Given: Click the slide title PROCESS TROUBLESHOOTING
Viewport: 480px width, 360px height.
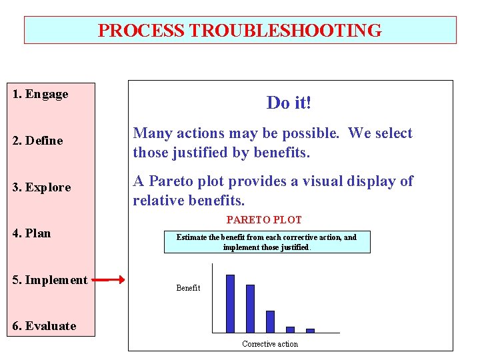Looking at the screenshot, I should coord(240,31).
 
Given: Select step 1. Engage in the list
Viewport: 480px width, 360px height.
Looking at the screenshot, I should coord(41,94).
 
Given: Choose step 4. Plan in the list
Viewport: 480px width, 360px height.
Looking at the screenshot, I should coord(32,233).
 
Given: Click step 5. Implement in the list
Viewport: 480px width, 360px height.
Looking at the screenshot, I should coord(50,280).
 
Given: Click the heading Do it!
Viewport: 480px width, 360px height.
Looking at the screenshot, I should coord(289,103).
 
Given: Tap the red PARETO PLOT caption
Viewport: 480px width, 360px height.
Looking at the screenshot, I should coord(264,220).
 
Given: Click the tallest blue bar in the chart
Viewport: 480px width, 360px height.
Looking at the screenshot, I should coord(230,303).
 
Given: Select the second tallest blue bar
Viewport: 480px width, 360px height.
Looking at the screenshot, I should coord(250,308).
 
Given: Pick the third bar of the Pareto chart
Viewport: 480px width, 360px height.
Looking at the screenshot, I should coord(270,321).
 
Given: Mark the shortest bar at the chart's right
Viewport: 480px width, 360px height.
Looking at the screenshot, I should coord(310,330).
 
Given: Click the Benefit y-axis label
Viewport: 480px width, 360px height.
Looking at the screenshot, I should coord(188,288).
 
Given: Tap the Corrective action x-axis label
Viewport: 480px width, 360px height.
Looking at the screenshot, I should coord(270,344).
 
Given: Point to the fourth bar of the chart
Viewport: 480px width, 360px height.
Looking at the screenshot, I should coord(290,329).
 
